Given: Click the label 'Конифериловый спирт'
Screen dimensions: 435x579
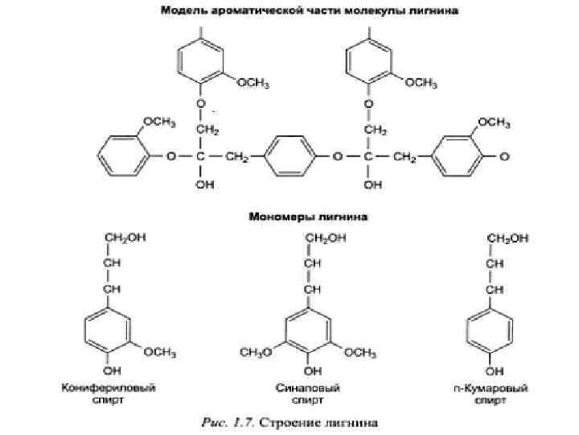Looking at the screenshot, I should click(x=109, y=394).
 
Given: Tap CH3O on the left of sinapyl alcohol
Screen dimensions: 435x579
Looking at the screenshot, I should click(x=257, y=352).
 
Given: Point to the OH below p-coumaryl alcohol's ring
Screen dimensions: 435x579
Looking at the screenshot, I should click(x=491, y=371).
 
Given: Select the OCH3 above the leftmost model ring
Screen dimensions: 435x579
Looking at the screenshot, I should click(x=158, y=122).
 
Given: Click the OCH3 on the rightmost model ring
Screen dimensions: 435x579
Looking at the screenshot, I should click(x=492, y=122).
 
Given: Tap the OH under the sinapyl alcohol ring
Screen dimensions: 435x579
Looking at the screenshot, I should click(x=308, y=371).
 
